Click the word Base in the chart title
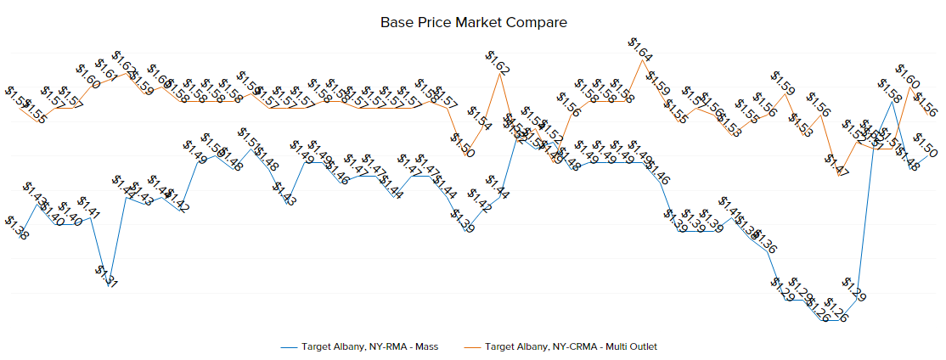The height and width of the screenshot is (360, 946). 397,22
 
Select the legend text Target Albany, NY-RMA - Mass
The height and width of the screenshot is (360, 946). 369,346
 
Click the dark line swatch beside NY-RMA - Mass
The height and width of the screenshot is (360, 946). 289,346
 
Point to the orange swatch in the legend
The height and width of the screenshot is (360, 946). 473,346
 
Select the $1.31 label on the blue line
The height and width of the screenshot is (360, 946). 105,277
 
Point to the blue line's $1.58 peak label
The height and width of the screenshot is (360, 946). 889,92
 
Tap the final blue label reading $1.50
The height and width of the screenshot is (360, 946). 925,144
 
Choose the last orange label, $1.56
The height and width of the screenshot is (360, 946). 925,105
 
